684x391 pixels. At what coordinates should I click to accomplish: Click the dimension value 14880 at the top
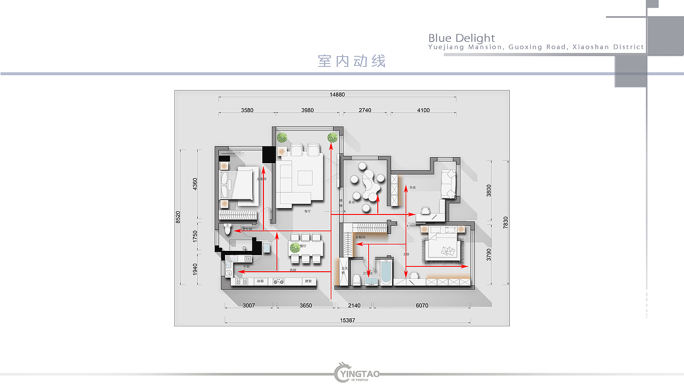pos(337,95)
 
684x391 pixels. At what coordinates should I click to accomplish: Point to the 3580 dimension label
pos(247,110)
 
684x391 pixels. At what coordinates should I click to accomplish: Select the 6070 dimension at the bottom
pos(421,306)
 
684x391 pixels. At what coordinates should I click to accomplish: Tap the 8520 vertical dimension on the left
pos(178,217)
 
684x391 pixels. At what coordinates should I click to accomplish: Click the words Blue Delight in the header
pos(462,39)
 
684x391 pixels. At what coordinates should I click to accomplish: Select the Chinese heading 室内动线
pos(352,61)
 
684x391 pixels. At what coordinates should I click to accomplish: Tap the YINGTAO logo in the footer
pos(357,373)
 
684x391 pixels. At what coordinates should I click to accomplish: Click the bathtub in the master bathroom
pos(385,272)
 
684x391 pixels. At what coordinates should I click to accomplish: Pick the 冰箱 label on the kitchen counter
pos(260,281)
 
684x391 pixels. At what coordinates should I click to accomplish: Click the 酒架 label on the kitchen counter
pos(308,281)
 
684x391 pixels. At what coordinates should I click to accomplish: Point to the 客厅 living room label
pos(307,211)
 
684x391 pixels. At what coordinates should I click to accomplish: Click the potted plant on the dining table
pos(295,248)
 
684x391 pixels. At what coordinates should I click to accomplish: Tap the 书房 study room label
pos(412,188)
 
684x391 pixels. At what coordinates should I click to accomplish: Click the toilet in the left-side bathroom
pos(228,230)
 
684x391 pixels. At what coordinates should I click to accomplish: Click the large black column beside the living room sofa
pos(268,155)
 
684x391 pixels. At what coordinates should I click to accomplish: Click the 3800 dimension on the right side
pos(488,191)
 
